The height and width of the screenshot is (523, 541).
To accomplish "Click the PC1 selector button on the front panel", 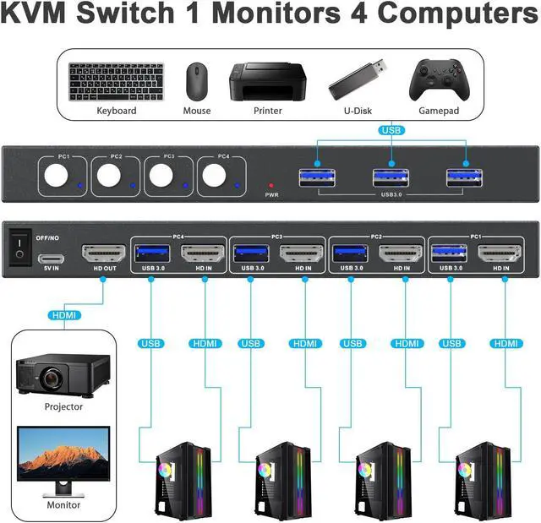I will pyautogui.click(x=57, y=175).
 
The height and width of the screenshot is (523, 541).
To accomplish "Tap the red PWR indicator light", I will pyautogui.click(x=270, y=184).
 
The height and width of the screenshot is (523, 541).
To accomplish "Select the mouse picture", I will pyautogui.click(x=197, y=81).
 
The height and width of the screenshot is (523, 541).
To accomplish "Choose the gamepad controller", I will pyautogui.click(x=439, y=79).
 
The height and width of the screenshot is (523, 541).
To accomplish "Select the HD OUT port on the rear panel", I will pyautogui.click(x=103, y=253).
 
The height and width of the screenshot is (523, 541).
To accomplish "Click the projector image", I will pyautogui.click(x=63, y=373).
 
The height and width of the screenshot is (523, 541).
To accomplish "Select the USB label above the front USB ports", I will pyautogui.click(x=392, y=131).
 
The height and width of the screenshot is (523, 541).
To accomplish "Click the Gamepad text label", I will pyautogui.click(x=439, y=111).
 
